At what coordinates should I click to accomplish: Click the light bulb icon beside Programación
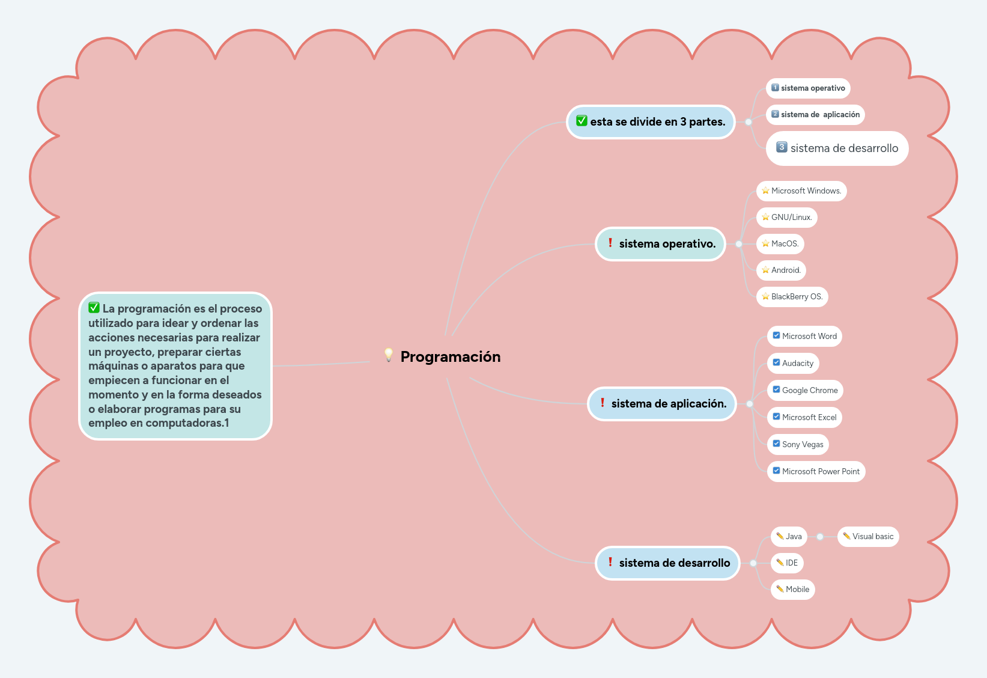389,355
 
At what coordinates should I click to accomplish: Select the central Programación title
450,357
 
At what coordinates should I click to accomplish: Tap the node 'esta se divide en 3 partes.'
651,122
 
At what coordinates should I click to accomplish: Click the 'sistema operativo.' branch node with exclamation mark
661,244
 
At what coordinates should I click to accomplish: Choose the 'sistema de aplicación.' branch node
662,404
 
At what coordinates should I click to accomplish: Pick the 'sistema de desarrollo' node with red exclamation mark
667,563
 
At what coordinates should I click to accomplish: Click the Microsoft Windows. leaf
801,191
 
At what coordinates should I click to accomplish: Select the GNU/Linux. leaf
787,218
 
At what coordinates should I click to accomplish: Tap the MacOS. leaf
780,244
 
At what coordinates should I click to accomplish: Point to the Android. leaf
782,270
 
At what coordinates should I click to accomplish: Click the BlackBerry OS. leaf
792,297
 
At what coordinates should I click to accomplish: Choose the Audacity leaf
793,364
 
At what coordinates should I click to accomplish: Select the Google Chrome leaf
805,391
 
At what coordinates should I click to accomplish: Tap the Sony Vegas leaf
798,445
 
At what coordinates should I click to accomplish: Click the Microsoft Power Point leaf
816,472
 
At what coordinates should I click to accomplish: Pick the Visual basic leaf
868,537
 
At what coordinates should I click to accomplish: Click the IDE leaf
787,563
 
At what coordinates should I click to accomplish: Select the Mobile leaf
793,590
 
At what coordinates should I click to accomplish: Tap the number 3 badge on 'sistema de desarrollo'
782,147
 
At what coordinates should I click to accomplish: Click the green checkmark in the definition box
94,308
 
